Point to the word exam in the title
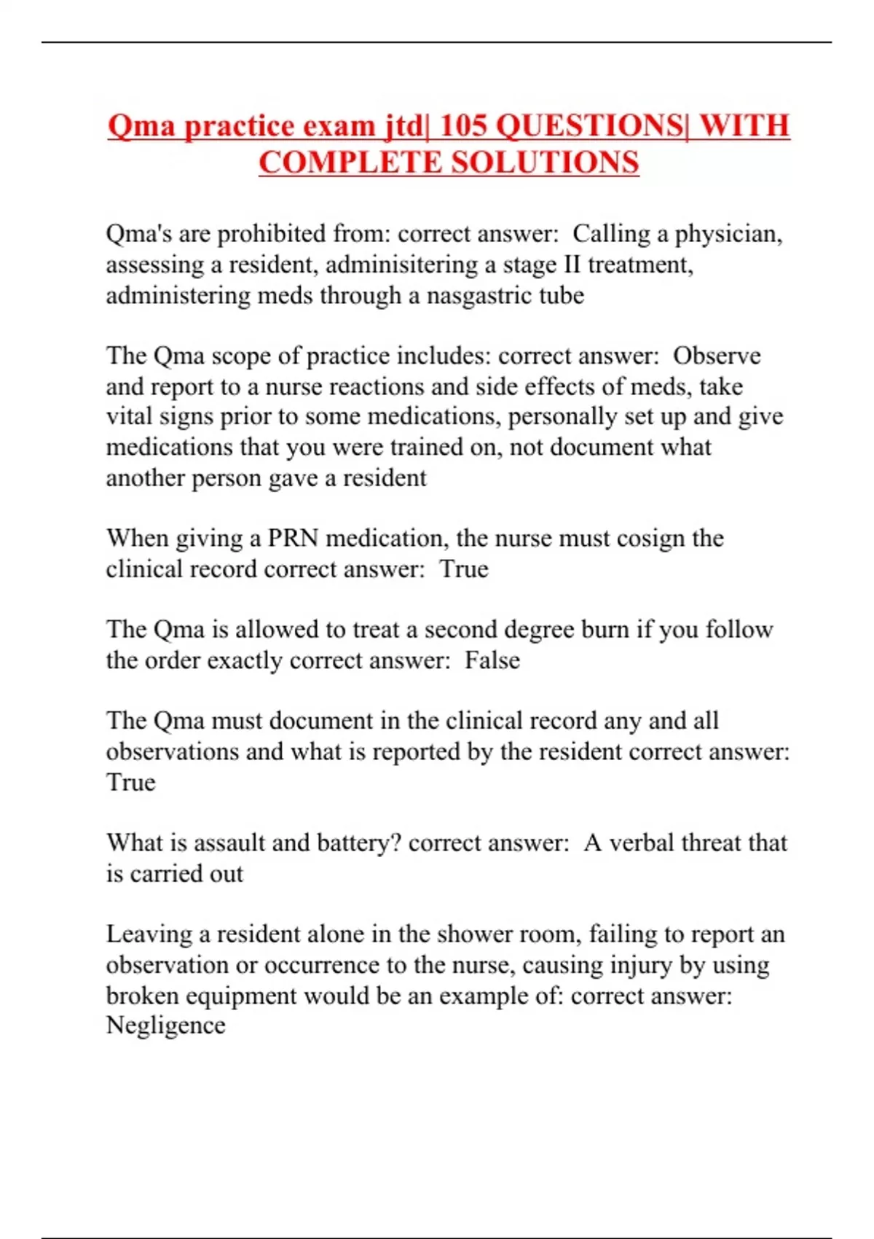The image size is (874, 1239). point(339,126)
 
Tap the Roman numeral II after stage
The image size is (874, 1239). point(571,265)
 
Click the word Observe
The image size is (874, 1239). point(717,356)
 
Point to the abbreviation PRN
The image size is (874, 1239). point(293,539)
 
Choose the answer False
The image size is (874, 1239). point(492,660)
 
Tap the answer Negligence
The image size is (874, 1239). point(165,1026)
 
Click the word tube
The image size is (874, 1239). point(562,296)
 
